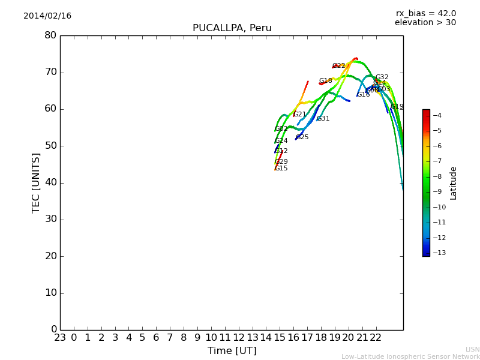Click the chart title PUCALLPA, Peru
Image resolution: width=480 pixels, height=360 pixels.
232,28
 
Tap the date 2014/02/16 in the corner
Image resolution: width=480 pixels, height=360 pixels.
47,16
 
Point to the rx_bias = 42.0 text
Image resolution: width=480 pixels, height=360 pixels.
425,14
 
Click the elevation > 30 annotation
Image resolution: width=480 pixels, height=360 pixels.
425,23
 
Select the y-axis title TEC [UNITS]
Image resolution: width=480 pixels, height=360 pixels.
37,182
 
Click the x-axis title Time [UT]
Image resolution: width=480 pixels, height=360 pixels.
232,351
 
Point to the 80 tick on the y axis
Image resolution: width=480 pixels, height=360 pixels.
50,35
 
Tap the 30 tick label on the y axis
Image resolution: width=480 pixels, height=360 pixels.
50,220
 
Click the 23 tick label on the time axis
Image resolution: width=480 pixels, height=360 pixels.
60,338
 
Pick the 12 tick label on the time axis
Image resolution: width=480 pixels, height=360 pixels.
239,338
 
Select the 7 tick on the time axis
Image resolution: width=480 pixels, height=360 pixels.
170,338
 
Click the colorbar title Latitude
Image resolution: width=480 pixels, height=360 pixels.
454,182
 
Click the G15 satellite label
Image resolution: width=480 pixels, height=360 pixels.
281,169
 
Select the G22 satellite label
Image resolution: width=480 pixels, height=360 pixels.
339,66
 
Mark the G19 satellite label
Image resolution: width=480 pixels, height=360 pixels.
397,107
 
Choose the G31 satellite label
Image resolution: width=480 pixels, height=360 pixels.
323,119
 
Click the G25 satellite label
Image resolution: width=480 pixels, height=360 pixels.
302,137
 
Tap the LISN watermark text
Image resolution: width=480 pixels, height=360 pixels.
472,349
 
